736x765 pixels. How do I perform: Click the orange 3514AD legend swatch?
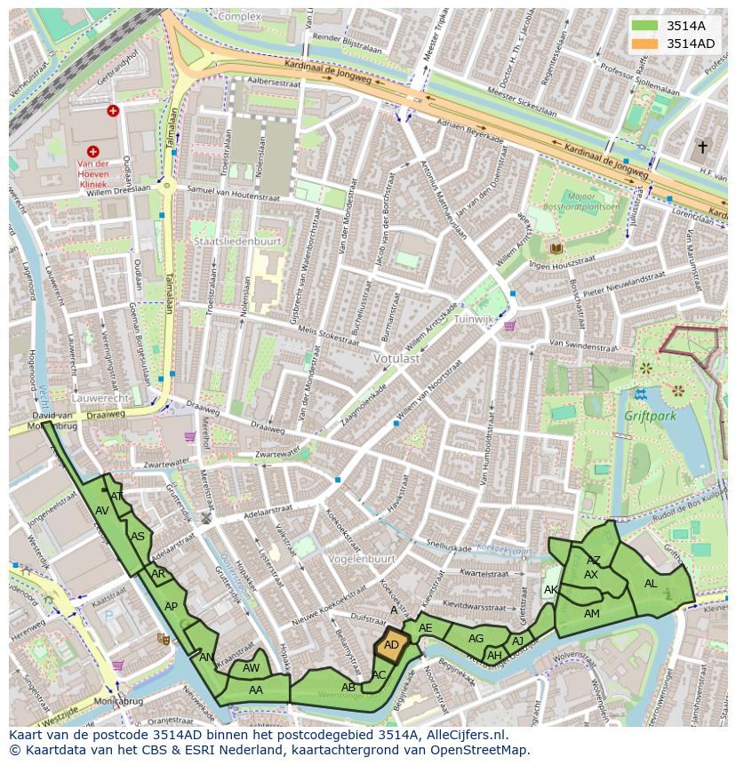[646, 44]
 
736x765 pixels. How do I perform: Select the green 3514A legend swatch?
[646, 26]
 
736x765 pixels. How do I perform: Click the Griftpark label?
[651, 415]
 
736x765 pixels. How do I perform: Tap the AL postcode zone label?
[651, 584]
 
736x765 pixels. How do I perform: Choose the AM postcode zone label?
[591, 614]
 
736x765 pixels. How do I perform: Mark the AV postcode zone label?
[102, 511]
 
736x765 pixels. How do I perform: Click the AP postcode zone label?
[171, 607]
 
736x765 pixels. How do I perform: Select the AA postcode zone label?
[256, 689]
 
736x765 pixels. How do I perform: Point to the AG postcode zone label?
[476, 639]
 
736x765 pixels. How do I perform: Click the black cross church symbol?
[702, 147]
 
